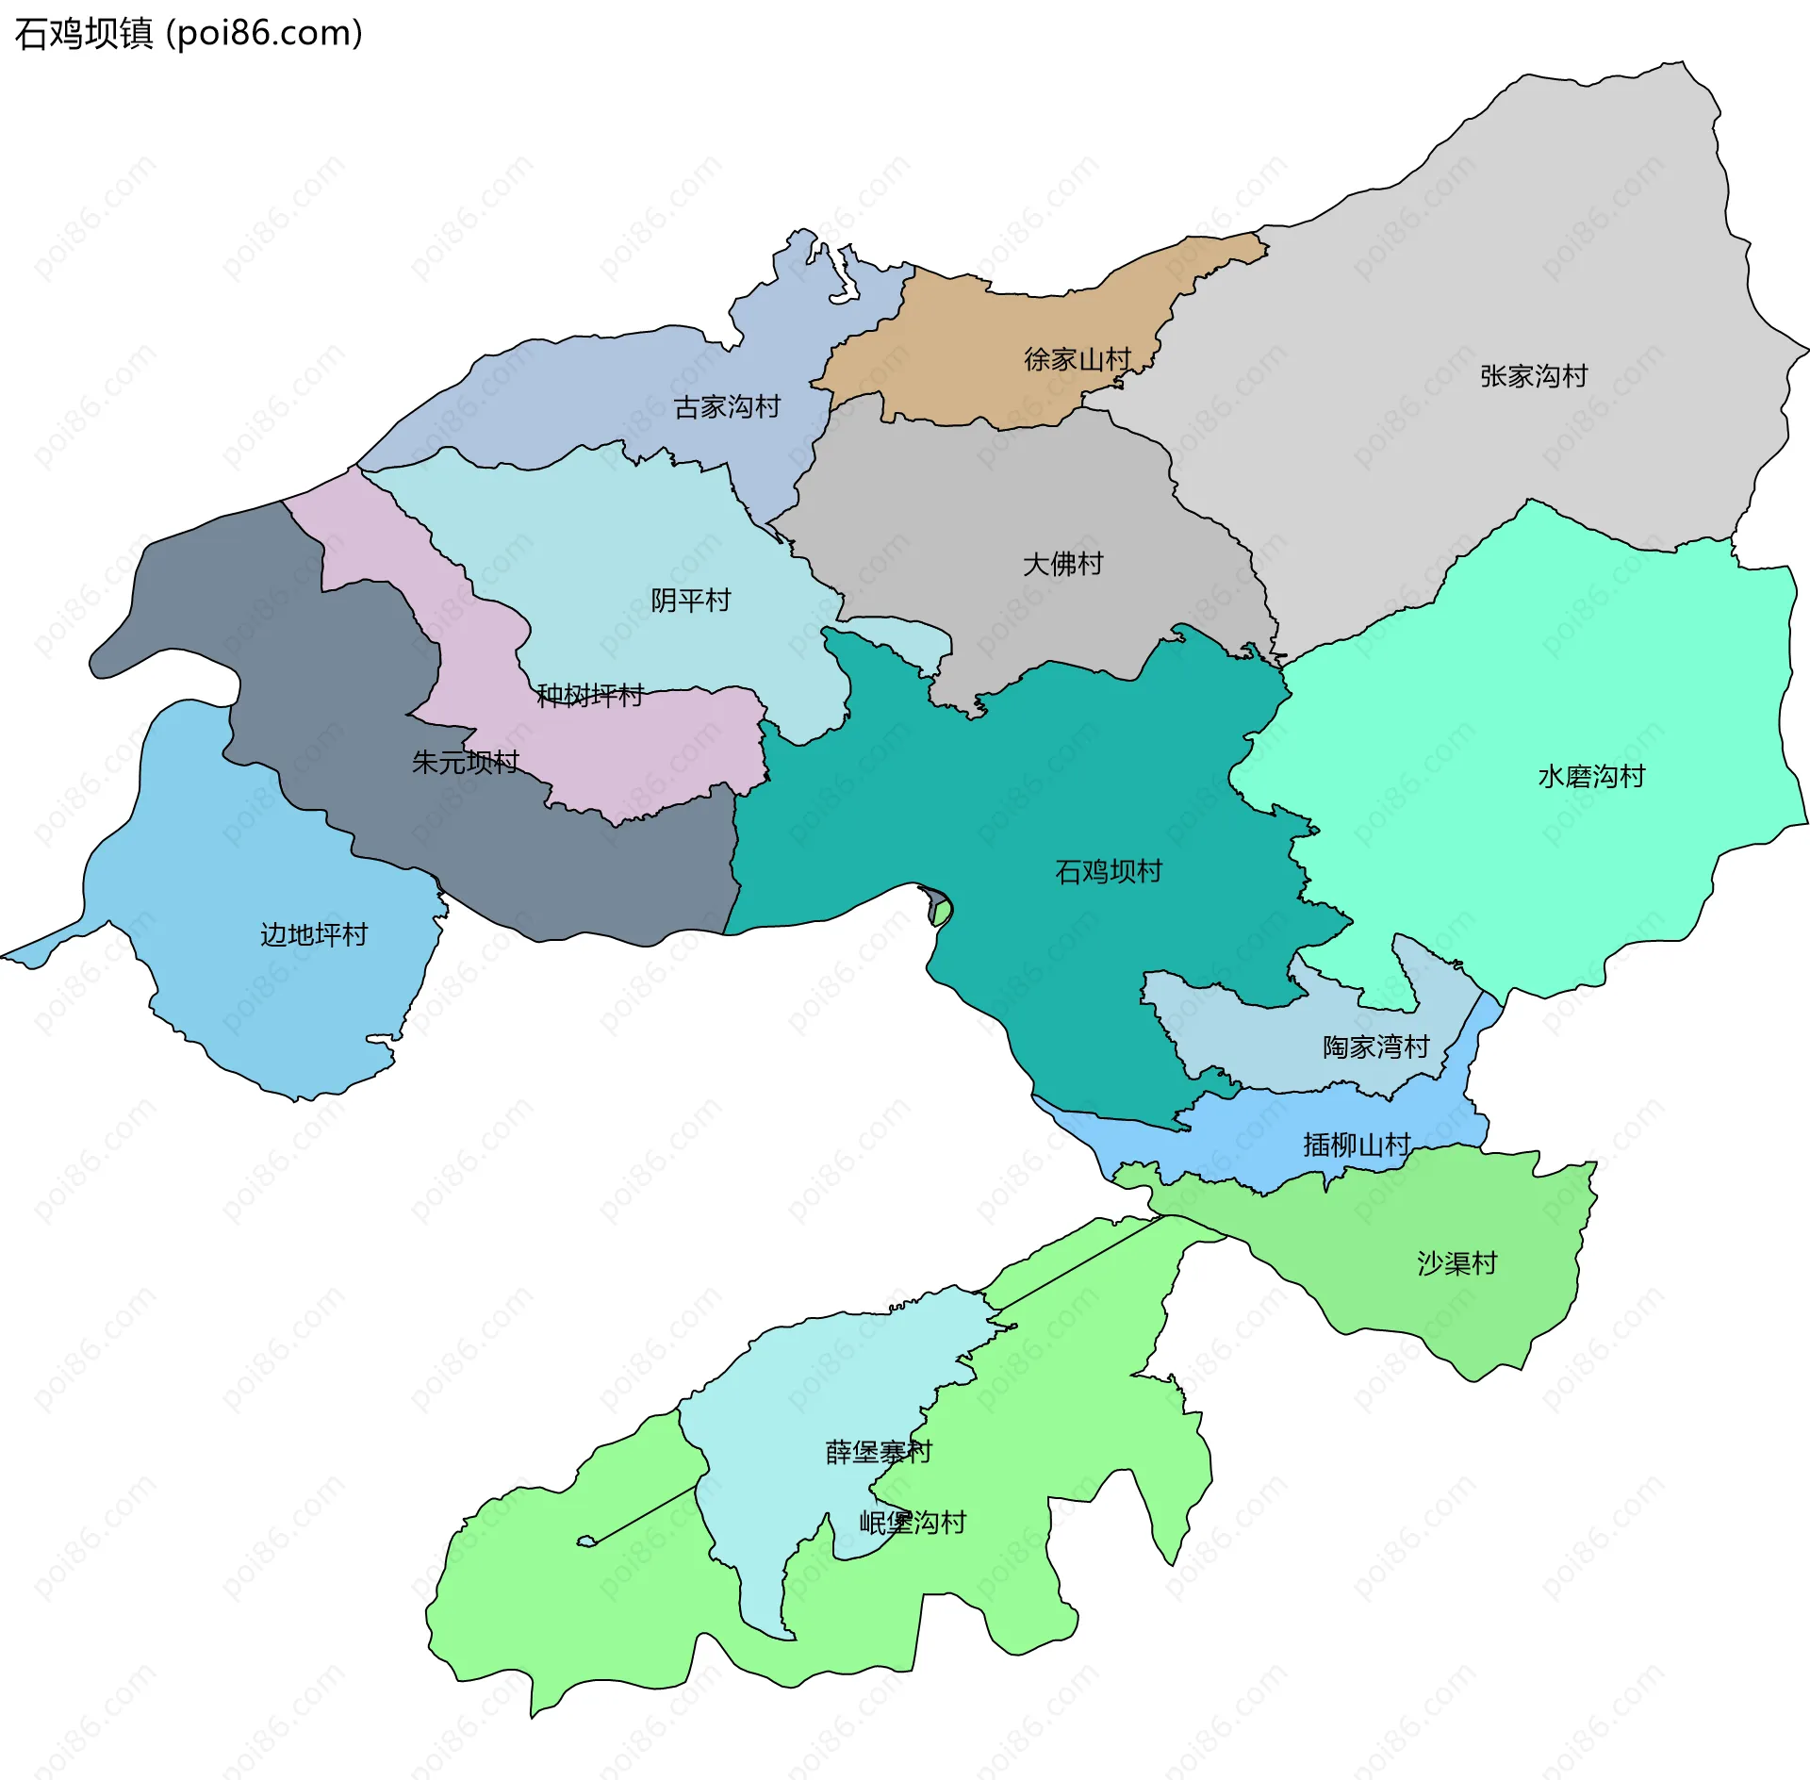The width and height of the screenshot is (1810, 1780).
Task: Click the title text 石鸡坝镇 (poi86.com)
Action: click(189, 34)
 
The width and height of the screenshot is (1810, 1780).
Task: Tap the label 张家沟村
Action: click(1533, 376)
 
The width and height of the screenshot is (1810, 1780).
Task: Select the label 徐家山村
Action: click(1078, 359)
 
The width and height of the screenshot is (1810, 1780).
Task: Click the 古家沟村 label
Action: click(727, 407)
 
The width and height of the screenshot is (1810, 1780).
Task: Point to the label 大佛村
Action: click(1062, 564)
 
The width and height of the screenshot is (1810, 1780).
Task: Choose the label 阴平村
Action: click(690, 601)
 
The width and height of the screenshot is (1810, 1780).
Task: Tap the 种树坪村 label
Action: click(590, 696)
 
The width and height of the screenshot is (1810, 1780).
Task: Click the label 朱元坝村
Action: click(465, 762)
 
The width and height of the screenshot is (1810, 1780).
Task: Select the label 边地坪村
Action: click(313, 934)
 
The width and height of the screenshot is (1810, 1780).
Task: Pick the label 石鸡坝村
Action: click(1108, 871)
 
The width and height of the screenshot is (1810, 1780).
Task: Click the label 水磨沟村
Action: click(1591, 777)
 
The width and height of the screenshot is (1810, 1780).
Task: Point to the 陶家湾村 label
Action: click(1375, 1047)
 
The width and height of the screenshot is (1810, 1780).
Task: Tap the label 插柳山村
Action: click(1357, 1145)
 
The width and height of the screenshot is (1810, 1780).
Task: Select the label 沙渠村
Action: click(1456, 1263)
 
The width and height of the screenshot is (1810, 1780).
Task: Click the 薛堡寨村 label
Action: click(879, 1452)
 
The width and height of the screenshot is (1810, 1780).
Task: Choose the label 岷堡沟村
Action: click(913, 1523)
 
